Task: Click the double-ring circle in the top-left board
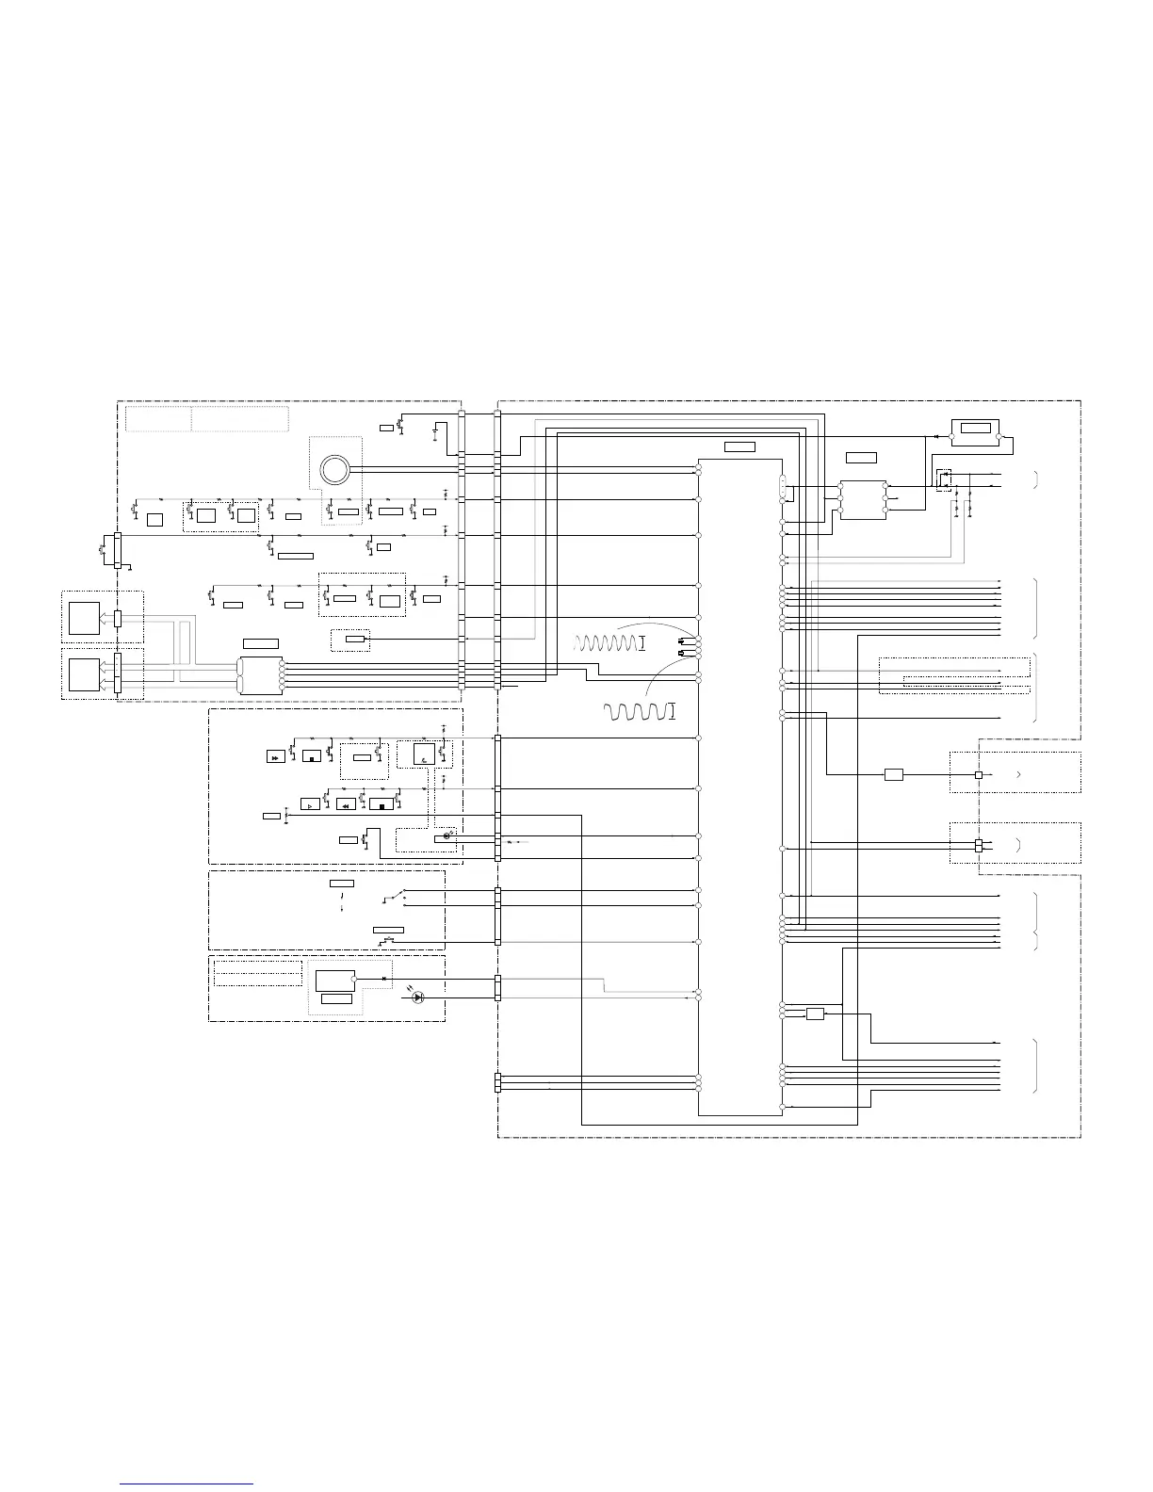tap(333, 468)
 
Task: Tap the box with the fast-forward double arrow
tap(275, 756)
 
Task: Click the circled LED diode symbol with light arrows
tap(419, 997)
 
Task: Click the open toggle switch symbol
tap(395, 896)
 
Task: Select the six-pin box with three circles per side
tap(862, 499)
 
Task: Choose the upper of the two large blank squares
tap(85, 619)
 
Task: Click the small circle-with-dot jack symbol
tap(447, 835)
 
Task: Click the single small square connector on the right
tap(979, 774)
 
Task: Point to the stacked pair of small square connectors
tap(979, 845)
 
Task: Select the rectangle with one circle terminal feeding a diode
tap(335, 980)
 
